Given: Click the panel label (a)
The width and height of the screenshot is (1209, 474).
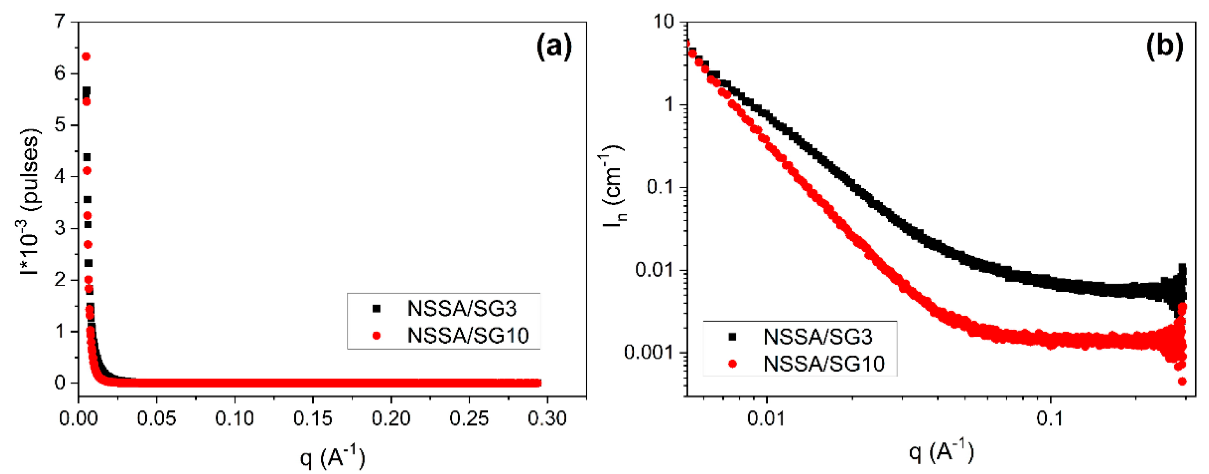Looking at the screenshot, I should click(x=554, y=47).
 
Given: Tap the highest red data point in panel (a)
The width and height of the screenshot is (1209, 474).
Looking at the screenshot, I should click(x=86, y=56).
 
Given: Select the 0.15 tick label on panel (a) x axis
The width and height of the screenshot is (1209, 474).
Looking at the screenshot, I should click(x=313, y=418).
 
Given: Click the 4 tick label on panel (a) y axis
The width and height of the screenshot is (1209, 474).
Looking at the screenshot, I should click(x=60, y=176).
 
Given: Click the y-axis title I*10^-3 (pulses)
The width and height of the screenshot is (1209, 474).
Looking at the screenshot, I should click(x=31, y=202).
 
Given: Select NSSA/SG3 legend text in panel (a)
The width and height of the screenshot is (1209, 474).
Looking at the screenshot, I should click(x=462, y=309).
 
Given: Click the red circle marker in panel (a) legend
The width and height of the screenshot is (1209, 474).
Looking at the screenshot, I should click(x=376, y=336).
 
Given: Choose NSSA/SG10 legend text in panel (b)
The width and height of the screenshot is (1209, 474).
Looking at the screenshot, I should click(x=824, y=363).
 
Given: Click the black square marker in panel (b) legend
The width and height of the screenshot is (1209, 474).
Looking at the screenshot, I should click(x=732, y=336).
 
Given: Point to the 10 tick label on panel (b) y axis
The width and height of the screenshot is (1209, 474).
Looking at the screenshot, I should click(x=663, y=22).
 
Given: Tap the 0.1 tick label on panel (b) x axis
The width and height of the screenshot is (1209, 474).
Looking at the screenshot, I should click(x=1050, y=418).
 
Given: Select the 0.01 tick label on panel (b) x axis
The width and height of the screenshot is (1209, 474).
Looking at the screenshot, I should click(x=766, y=418).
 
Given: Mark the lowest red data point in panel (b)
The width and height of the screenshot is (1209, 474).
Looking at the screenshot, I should click(x=1182, y=381).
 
